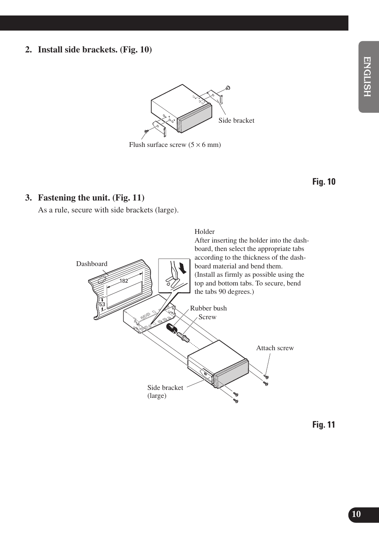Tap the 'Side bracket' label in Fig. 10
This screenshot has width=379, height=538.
point(236,121)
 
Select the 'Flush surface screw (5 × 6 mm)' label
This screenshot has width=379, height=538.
point(175,145)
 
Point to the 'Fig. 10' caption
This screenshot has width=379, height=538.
point(323,182)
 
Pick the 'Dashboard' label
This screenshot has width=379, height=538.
point(92,264)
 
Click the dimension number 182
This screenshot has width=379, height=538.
point(124,281)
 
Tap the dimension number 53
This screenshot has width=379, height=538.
point(102,305)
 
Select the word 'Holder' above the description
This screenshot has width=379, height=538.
point(205,232)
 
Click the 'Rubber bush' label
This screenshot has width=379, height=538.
point(208,309)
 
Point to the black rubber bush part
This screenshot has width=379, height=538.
point(171,329)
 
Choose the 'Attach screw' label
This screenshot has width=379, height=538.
point(275,348)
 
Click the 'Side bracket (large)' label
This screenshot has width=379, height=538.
point(165,391)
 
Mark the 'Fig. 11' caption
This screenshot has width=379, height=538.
point(323,425)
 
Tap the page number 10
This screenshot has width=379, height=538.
point(356,514)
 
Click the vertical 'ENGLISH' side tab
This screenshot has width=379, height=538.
point(367,77)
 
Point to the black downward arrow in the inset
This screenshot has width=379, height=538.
point(182,268)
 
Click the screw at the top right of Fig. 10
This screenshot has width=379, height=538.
point(228,88)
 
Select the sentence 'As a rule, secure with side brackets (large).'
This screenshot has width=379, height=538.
point(108,210)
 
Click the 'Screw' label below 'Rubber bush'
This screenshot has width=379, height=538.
point(207,317)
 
